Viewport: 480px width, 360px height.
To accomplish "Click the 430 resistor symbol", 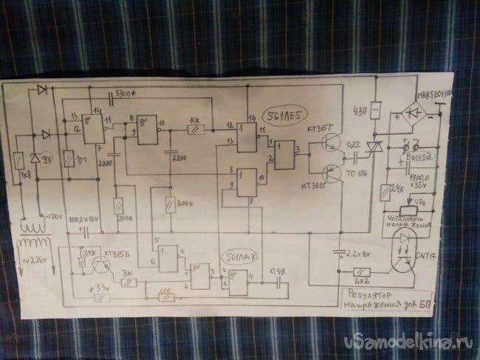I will point(375,111).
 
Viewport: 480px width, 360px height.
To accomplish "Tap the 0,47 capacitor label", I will point(278,270).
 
